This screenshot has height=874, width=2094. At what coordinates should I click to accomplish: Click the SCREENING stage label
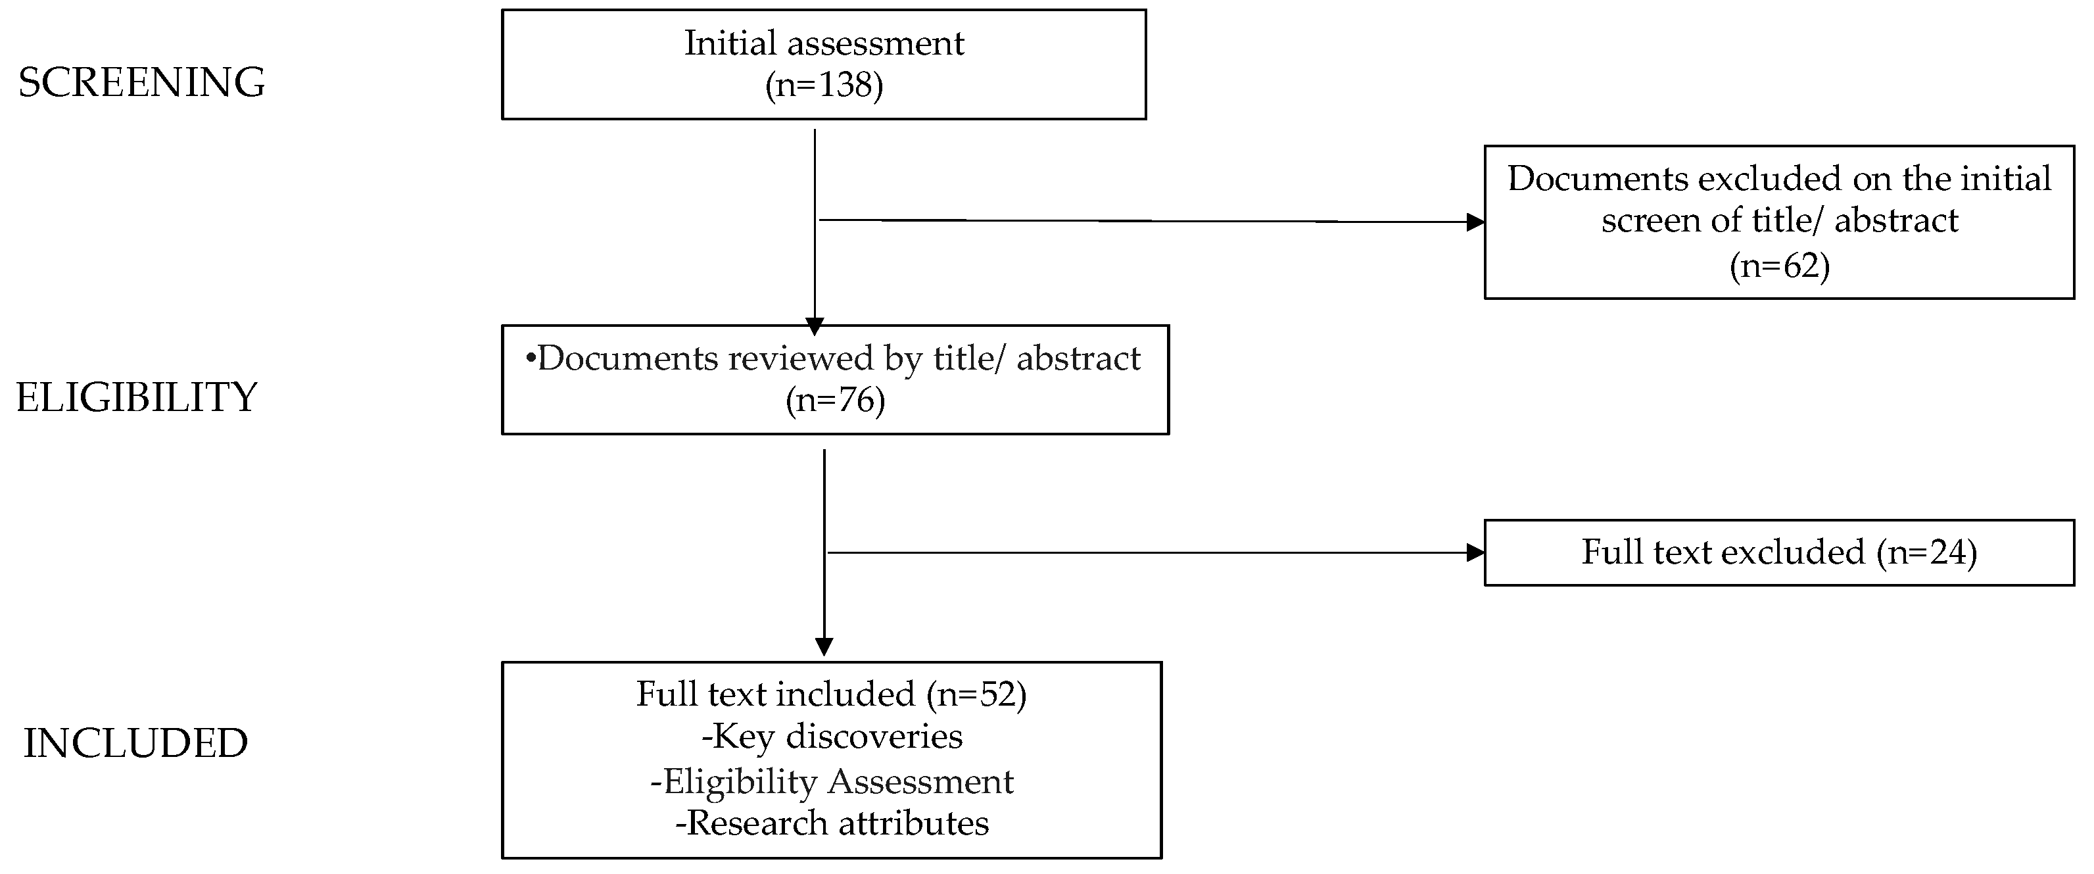click(x=141, y=83)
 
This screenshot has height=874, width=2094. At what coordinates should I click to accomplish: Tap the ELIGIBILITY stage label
click(x=137, y=399)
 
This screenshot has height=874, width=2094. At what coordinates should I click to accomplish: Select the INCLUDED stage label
click(x=135, y=744)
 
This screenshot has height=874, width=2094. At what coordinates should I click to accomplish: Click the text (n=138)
click(x=823, y=85)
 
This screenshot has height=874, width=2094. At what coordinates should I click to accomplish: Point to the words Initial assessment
click(x=823, y=43)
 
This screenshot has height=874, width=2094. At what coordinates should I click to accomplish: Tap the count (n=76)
click(x=835, y=401)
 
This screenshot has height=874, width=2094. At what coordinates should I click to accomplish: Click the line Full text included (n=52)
click(x=831, y=694)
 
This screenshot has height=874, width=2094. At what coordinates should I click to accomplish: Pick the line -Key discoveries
click(x=831, y=737)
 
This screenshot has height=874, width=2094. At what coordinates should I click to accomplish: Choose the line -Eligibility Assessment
click(x=831, y=782)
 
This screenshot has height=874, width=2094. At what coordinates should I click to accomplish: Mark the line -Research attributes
click(x=831, y=823)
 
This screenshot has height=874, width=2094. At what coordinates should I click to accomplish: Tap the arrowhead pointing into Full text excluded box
click(x=1475, y=553)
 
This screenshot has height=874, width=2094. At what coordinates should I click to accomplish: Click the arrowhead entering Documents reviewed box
click(x=814, y=326)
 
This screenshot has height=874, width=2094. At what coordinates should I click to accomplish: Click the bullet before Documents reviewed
click(x=531, y=359)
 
